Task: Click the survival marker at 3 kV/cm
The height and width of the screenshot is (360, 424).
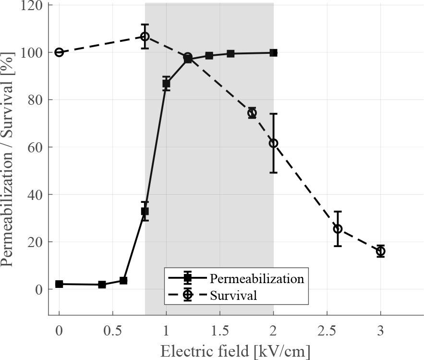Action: point(380,251)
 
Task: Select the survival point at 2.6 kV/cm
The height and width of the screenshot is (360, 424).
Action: point(338,229)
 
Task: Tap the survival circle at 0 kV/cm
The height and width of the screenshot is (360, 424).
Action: point(59,52)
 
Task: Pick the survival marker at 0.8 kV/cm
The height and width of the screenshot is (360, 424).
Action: point(145,37)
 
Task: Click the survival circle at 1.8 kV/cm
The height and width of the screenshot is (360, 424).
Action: point(252,113)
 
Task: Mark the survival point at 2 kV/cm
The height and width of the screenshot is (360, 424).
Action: point(273,143)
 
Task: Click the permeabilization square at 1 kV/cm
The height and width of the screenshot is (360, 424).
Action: point(166,84)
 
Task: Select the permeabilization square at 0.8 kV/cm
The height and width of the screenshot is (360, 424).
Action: point(145,211)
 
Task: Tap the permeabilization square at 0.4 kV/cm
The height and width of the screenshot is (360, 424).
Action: point(102,285)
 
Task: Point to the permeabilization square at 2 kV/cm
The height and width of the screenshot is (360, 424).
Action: point(273,53)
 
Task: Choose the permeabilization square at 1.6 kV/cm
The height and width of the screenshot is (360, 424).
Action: point(230,54)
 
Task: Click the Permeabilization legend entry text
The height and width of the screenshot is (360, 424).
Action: point(256,279)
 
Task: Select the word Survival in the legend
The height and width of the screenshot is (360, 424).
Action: point(233,295)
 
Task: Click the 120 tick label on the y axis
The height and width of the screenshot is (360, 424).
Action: point(32,5)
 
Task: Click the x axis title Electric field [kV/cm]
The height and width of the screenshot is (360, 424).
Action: point(235,351)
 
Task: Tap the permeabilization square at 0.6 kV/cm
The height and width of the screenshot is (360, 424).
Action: point(123,281)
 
